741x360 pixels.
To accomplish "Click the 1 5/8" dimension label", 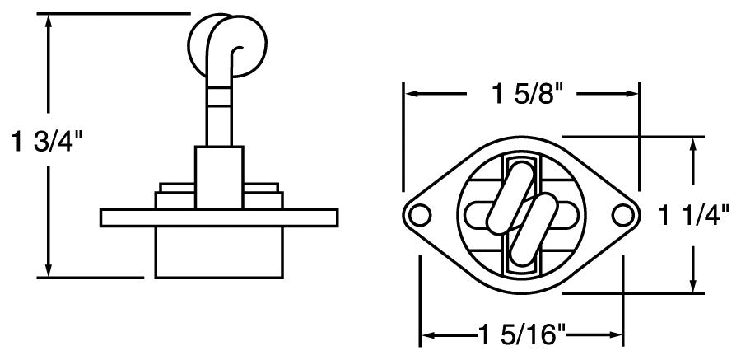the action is point(522,94).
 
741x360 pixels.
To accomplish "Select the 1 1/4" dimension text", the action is point(697,216).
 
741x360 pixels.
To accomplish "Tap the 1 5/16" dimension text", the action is point(521,335).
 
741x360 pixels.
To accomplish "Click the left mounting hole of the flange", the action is point(420,215).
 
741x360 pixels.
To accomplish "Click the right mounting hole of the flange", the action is point(623,215).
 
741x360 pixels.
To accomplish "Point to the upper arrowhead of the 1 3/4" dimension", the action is point(49,21).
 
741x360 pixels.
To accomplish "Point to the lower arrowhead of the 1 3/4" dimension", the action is point(49,270).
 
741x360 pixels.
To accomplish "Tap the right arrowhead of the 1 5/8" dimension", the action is point(631,94).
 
